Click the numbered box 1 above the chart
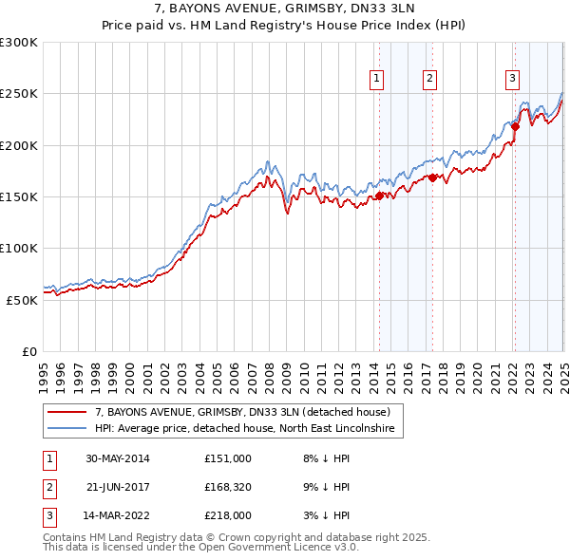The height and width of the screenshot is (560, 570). click(x=378, y=79)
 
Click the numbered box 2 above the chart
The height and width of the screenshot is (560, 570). click(x=429, y=79)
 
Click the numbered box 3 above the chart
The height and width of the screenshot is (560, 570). click(x=512, y=79)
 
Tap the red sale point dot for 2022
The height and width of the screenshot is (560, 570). click(x=515, y=125)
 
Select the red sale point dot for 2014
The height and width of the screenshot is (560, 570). click(x=379, y=196)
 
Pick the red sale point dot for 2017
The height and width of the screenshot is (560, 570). click(x=432, y=177)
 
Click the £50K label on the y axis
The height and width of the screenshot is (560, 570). click(x=23, y=300)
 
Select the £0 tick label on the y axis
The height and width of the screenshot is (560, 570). click(x=29, y=351)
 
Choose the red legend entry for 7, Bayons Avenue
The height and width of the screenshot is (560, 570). click(x=242, y=412)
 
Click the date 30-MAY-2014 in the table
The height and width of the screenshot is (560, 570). click(x=118, y=458)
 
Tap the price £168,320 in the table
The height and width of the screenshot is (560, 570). click(x=228, y=488)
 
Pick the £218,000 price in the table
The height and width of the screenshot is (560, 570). click(x=228, y=517)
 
